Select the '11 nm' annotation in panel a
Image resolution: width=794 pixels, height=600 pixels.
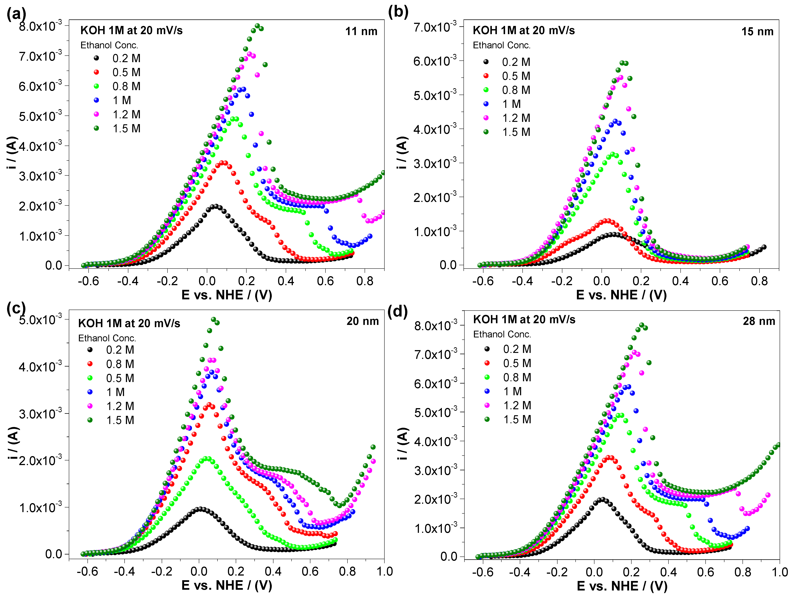[x=361, y=32]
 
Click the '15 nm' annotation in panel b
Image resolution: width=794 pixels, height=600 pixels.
[x=757, y=32]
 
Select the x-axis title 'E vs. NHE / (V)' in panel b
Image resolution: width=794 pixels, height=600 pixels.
[x=621, y=295]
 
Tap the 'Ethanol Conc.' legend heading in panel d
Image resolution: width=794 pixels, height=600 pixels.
[x=502, y=334]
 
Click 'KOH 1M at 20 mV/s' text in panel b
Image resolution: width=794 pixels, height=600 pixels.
[x=524, y=31]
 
